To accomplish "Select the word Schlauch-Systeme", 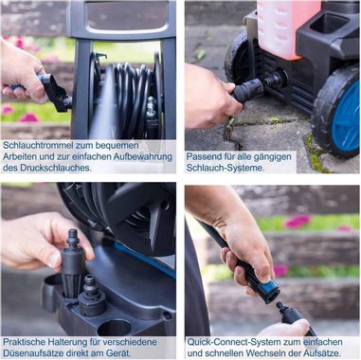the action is pos(226,168).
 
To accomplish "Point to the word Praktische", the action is pos(25,342).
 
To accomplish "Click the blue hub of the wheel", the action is pos(346,119).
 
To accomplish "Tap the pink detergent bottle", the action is pos(287,28).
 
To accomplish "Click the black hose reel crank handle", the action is pos(54,93).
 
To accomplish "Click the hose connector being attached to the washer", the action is pos(250,90).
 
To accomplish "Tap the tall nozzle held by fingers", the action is pos(73,262).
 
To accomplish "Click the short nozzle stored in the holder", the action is pos(92,297).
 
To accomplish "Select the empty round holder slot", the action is pos(115,328).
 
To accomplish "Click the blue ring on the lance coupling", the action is pos(270,284).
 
